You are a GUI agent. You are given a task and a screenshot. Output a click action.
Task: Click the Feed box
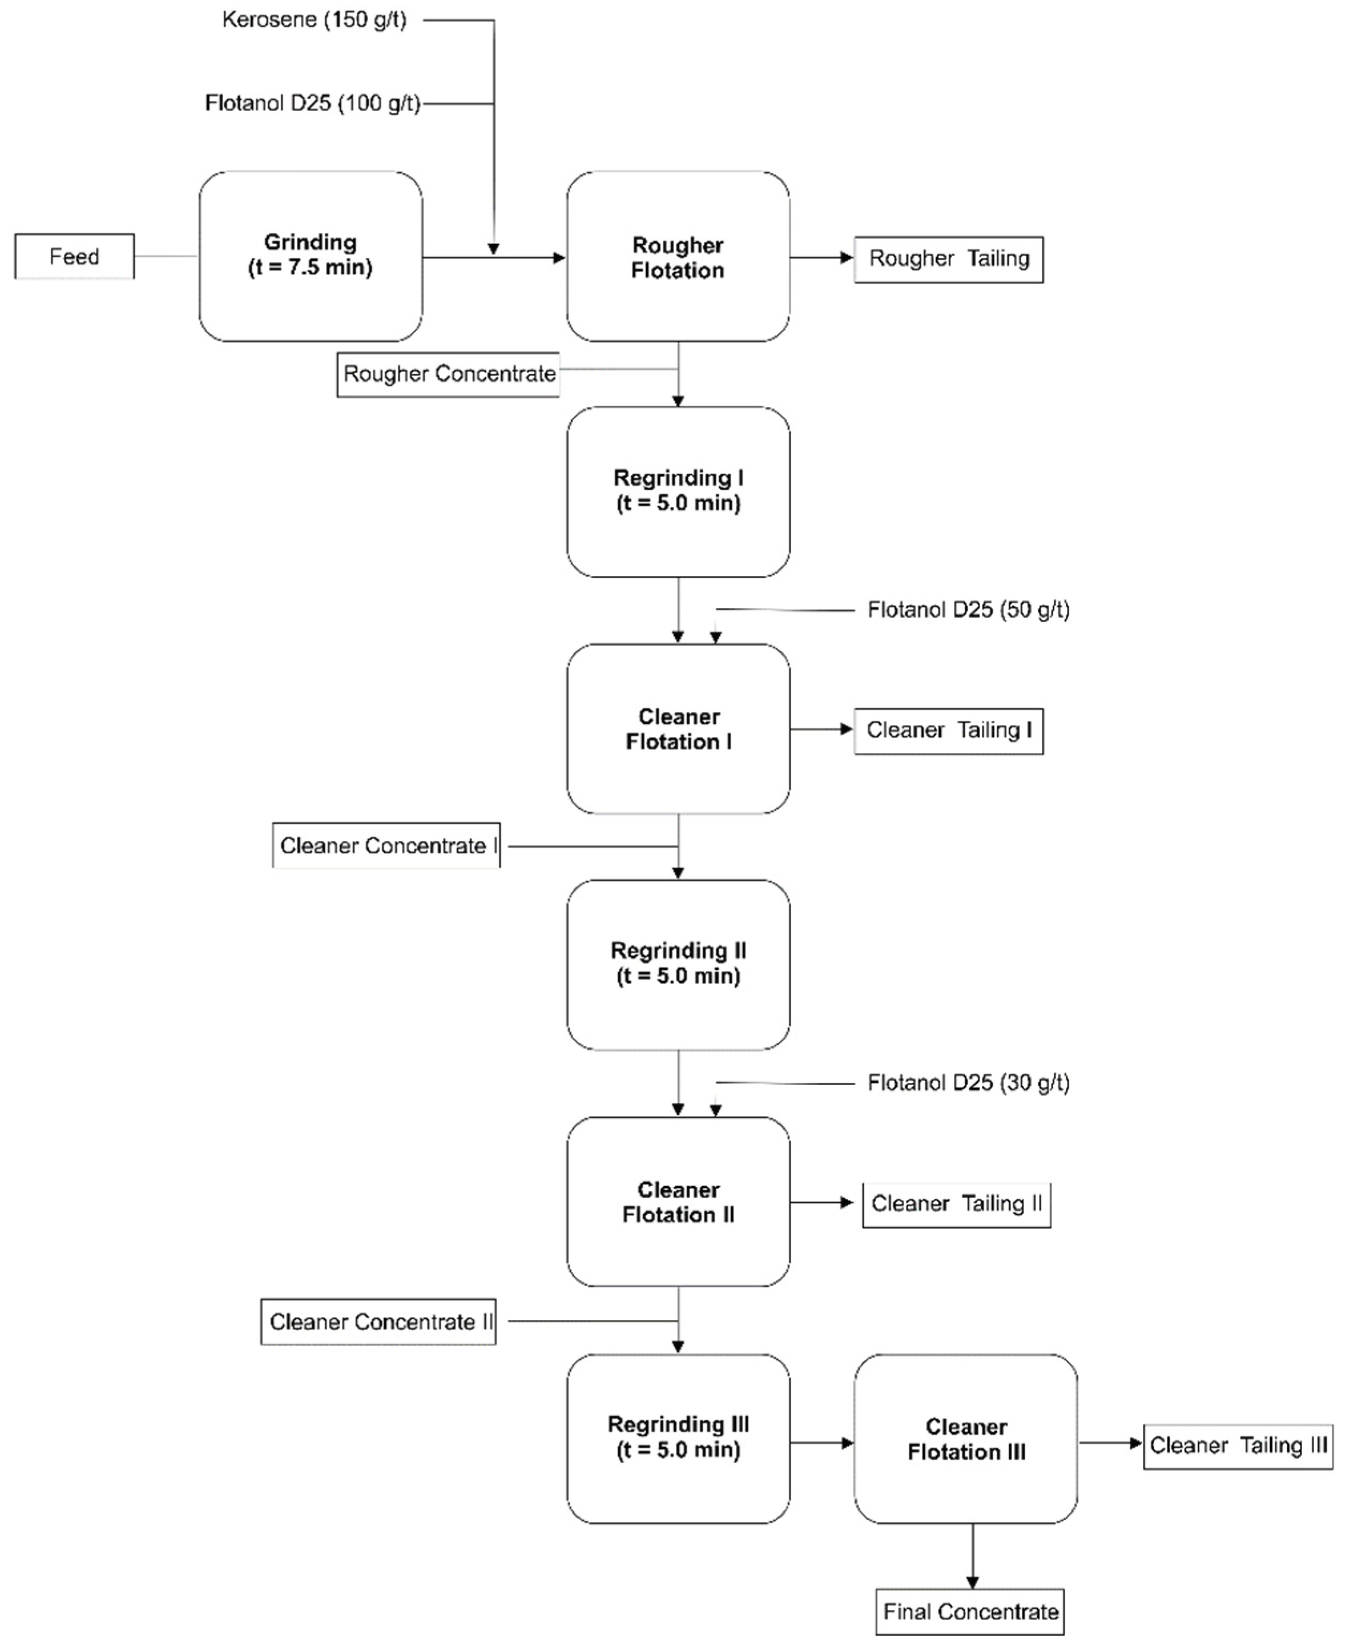[x=75, y=256]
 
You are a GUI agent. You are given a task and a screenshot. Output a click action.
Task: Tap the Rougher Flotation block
[x=678, y=257]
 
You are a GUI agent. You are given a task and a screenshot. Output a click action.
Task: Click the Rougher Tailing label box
[x=948, y=259]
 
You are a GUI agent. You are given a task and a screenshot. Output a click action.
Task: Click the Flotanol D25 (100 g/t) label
[x=312, y=103]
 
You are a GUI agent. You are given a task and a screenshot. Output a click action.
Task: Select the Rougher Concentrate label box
[x=449, y=374]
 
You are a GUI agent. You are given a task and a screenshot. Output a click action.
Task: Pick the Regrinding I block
[x=678, y=491]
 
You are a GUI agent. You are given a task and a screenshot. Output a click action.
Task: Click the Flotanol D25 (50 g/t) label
[x=968, y=610]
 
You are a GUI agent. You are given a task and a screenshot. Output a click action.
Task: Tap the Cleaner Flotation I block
[x=678, y=729]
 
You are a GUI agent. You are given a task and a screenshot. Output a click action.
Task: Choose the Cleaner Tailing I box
[x=948, y=730]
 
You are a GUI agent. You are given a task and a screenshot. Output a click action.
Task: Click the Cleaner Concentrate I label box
[x=386, y=845]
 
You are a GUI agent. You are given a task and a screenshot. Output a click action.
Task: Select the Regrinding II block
[x=678, y=964]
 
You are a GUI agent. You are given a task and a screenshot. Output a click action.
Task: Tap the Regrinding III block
[x=678, y=1438]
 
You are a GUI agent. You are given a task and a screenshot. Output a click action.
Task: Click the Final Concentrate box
[x=970, y=1612]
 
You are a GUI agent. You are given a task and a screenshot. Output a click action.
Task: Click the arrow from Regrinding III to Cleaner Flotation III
[x=822, y=1442]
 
